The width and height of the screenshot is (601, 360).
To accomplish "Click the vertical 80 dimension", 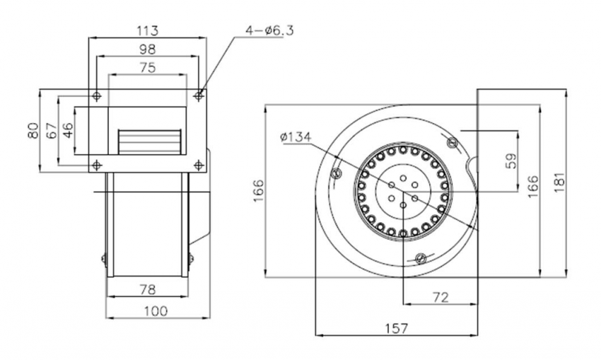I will (33, 130).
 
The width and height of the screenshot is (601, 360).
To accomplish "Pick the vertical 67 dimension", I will (51, 130).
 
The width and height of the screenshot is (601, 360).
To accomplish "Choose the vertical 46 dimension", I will (68, 130).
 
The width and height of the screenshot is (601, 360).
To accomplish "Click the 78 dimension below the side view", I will (148, 289).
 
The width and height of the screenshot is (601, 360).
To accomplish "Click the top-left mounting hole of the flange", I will (95, 95).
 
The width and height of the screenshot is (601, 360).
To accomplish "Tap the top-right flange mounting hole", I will (199, 95).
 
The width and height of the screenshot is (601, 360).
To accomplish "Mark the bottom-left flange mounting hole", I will (95, 166).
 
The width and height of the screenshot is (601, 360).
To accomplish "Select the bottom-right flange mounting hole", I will (199, 166).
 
